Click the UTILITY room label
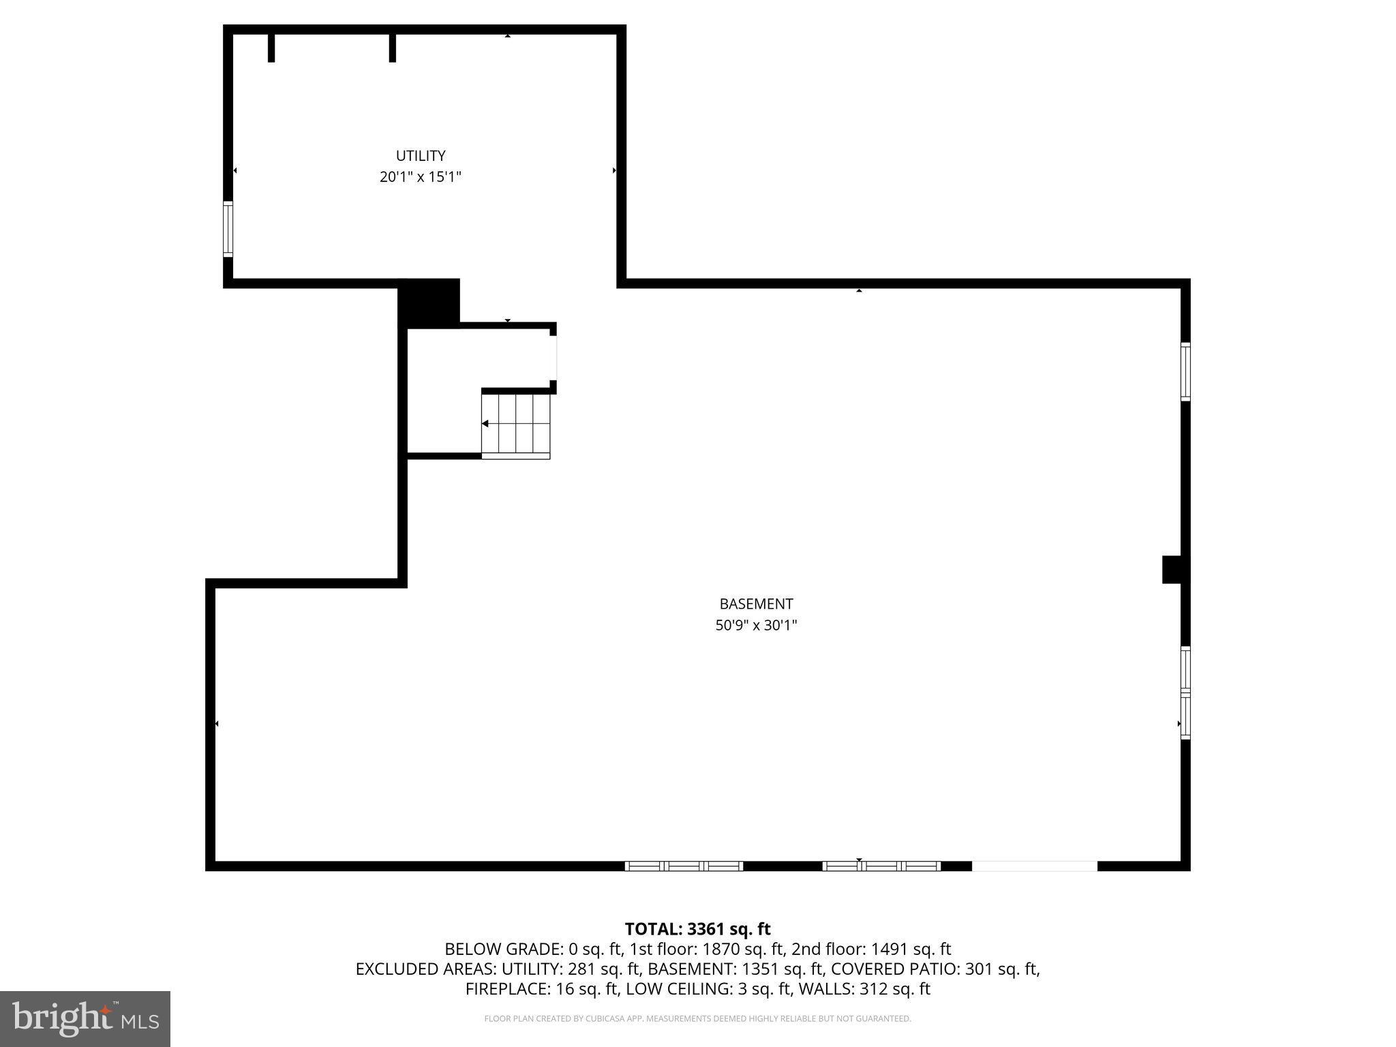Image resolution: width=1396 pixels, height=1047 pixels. point(421,155)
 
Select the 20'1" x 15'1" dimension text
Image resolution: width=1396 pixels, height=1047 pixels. point(421,177)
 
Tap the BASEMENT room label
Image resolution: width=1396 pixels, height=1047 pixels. point(756,604)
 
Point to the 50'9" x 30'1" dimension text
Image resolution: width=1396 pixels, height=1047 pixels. point(756,625)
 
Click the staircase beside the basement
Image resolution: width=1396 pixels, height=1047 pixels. point(516,424)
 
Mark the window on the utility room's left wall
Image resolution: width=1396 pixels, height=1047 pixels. point(228,229)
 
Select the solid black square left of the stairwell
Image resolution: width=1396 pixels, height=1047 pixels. point(429,303)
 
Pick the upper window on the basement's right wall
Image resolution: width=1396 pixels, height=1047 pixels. point(1185,371)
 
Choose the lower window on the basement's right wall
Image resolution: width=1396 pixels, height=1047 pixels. point(1185,693)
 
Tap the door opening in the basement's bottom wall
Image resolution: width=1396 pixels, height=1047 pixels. point(1034,866)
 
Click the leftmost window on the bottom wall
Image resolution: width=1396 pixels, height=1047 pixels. point(684,866)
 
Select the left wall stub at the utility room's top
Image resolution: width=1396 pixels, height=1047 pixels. point(271,47)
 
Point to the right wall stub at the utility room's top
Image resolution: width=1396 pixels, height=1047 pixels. point(393,47)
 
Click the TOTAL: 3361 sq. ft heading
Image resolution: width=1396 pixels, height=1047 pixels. point(697,929)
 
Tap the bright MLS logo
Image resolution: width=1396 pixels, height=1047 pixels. point(85,1018)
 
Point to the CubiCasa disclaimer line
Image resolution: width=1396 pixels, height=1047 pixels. point(697,1019)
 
